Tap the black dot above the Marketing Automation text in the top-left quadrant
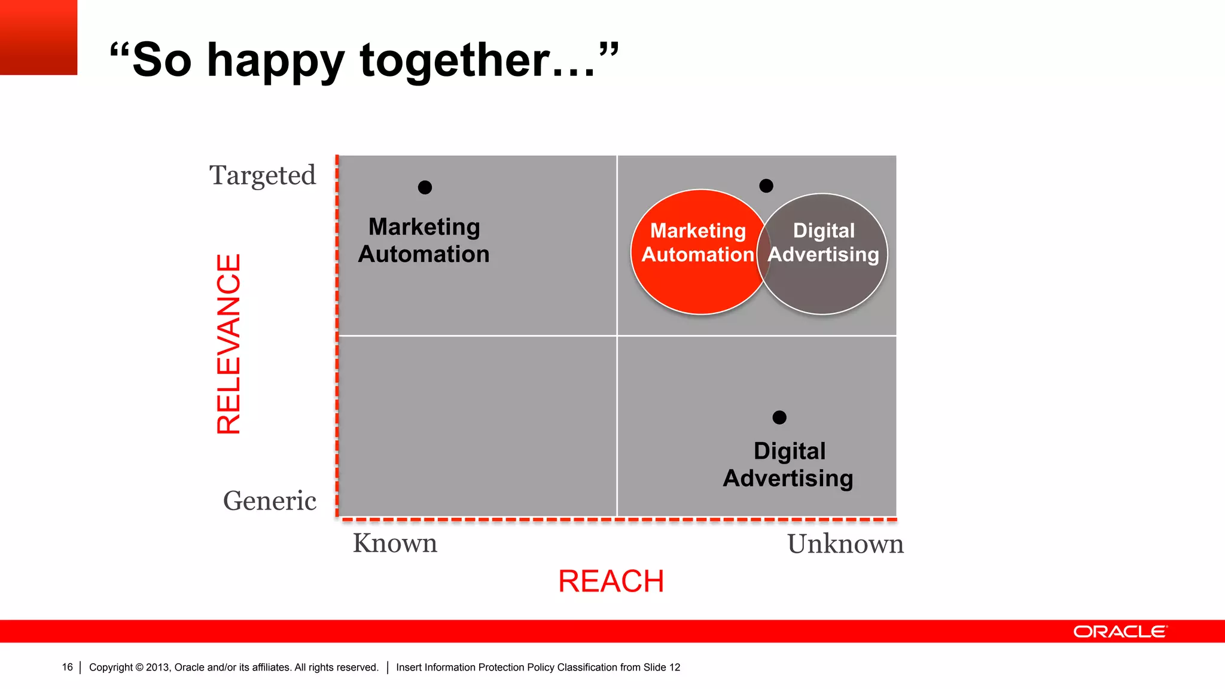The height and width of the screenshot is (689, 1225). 425,188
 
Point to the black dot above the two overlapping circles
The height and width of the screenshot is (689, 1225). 766,186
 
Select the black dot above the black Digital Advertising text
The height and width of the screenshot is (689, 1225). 779,417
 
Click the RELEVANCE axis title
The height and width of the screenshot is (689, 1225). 228,344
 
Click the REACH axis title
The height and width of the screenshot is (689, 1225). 611,581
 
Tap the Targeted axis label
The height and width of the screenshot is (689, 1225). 263,175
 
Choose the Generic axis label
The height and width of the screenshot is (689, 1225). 270,501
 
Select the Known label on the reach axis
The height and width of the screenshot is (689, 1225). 395,543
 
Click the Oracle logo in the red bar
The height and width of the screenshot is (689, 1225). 1120,632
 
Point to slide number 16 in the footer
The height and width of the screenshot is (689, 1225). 68,667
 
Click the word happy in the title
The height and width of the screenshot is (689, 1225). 276,60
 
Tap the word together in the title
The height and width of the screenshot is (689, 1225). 455,60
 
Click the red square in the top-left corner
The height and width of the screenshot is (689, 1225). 38,37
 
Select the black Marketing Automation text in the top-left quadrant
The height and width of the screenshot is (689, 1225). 424,240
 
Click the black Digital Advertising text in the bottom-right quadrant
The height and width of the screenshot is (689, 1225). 788,465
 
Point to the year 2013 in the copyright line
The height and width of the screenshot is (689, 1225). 157,667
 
